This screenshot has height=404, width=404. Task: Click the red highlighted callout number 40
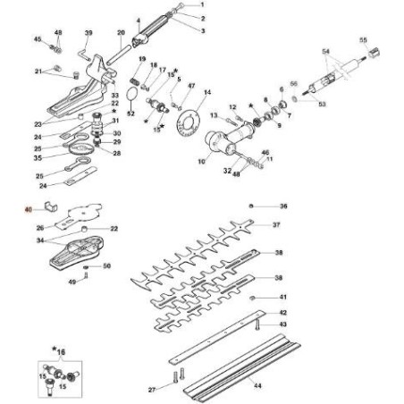tap(28, 210)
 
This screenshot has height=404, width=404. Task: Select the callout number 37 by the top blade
tap(277, 225)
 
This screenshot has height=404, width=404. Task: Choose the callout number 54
tap(325, 53)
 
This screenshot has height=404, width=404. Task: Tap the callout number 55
tap(363, 40)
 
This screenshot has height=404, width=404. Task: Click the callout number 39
tap(88, 34)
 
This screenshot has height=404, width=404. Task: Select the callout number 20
tap(121, 34)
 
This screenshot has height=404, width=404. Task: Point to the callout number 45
tap(38, 40)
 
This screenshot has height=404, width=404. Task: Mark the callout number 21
tap(38, 72)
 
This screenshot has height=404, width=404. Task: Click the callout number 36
tap(283, 206)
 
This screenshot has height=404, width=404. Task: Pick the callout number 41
tap(283, 297)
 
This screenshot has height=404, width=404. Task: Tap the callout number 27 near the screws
tap(152, 390)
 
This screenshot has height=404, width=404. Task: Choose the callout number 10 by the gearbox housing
tap(189, 162)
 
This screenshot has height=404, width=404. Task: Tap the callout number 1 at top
tap(202, 5)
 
